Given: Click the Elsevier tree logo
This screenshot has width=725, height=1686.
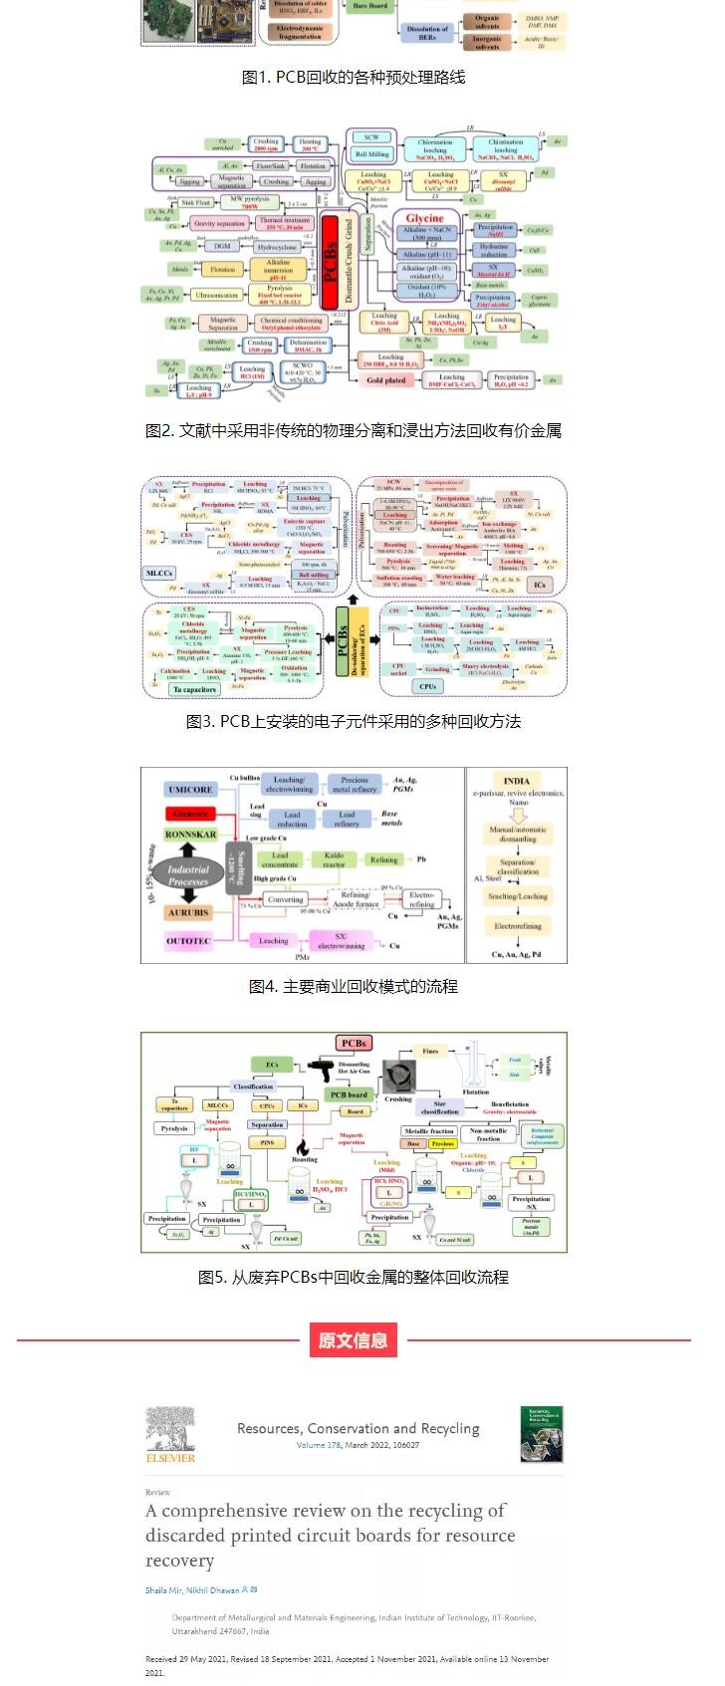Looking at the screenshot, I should tap(170, 1433).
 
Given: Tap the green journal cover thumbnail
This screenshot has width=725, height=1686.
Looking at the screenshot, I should tap(541, 1434).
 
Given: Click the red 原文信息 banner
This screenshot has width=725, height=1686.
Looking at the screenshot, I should tap(354, 1339).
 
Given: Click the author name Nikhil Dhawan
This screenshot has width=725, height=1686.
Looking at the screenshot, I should tap(212, 1590).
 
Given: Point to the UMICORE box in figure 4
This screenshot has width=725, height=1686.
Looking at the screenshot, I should tap(190, 789).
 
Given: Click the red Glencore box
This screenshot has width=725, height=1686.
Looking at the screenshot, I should tap(190, 813).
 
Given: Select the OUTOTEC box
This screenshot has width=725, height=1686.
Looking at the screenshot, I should tap(190, 940).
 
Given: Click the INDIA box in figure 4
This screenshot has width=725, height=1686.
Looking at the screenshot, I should tap(517, 781).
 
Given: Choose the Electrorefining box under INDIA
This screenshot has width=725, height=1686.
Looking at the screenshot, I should tap(519, 926).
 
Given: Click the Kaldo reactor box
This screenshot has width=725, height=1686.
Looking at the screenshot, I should tap(334, 859).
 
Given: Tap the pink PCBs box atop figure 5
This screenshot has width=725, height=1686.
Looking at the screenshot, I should tap(354, 1043).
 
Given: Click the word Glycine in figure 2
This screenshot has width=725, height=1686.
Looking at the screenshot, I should tap(425, 217).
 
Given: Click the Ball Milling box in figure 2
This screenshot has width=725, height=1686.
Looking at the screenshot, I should tap(372, 154).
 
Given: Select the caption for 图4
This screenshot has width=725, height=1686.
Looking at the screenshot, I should tap(354, 986).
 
